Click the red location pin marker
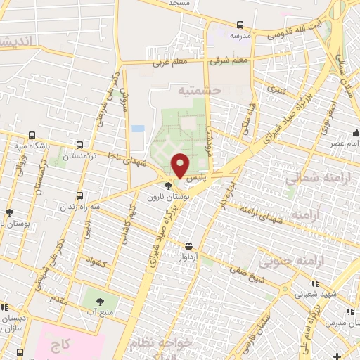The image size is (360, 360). tap(181, 165)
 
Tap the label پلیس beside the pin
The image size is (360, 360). tap(199, 179)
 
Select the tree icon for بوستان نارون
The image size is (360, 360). tap(167, 186)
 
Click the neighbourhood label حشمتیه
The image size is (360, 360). tap(200, 91)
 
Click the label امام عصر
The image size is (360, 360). tap(344, 143)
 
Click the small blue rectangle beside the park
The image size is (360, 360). tap(138, 129)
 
